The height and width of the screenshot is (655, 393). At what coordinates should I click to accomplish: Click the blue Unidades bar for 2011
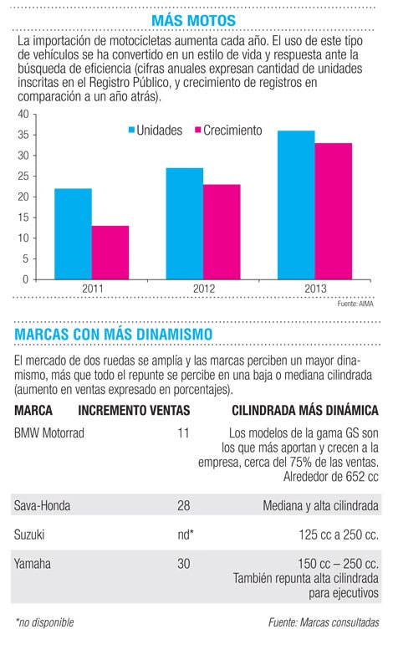tap(73, 234)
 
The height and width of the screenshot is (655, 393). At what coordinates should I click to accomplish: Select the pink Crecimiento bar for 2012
tap(222, 232)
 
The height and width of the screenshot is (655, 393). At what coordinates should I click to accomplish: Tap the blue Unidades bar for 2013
tap(296, 205)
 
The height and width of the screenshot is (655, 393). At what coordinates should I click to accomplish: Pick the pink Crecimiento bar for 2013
tap(334, 212)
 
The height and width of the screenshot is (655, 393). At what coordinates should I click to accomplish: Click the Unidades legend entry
tap(156, 130)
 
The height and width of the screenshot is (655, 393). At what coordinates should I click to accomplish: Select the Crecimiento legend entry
tap(228, 130)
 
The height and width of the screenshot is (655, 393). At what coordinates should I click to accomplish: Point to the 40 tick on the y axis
tap(23, 115)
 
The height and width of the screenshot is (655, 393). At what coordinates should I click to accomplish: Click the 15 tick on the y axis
tap(23, 217)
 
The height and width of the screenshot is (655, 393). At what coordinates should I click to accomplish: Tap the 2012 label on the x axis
tap(204, 289)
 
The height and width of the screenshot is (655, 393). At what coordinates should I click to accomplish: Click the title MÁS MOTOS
tap(193, 20)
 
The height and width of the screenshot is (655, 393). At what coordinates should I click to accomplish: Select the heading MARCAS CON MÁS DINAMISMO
tap(113, 334)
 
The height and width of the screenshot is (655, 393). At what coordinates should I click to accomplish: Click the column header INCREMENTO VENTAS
tap(134, 410)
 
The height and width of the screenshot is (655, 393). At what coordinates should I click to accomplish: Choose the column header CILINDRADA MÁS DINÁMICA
tap(305, 410)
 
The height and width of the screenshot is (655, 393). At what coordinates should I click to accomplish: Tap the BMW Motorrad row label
tap(49, 432)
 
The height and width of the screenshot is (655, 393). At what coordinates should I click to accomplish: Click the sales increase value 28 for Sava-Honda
tap(183, 505)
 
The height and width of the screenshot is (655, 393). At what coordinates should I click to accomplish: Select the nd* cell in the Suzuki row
tap(185, 535)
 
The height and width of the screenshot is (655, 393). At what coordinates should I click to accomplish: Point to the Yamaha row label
tap(32, 564)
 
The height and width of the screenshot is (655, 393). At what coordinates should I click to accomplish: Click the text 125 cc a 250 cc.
tap(339, 535)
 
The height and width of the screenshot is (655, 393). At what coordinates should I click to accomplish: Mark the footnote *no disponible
tap(44, 622)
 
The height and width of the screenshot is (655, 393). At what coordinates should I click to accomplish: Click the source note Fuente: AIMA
tap(355, 304)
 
